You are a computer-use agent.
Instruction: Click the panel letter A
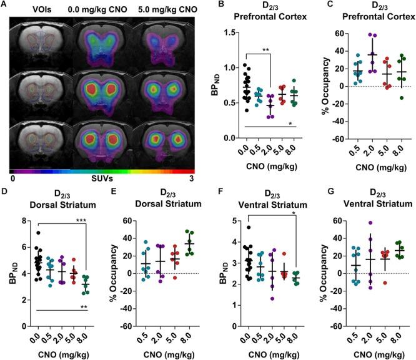(4, 5)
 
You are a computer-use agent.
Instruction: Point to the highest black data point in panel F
(247, 228)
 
